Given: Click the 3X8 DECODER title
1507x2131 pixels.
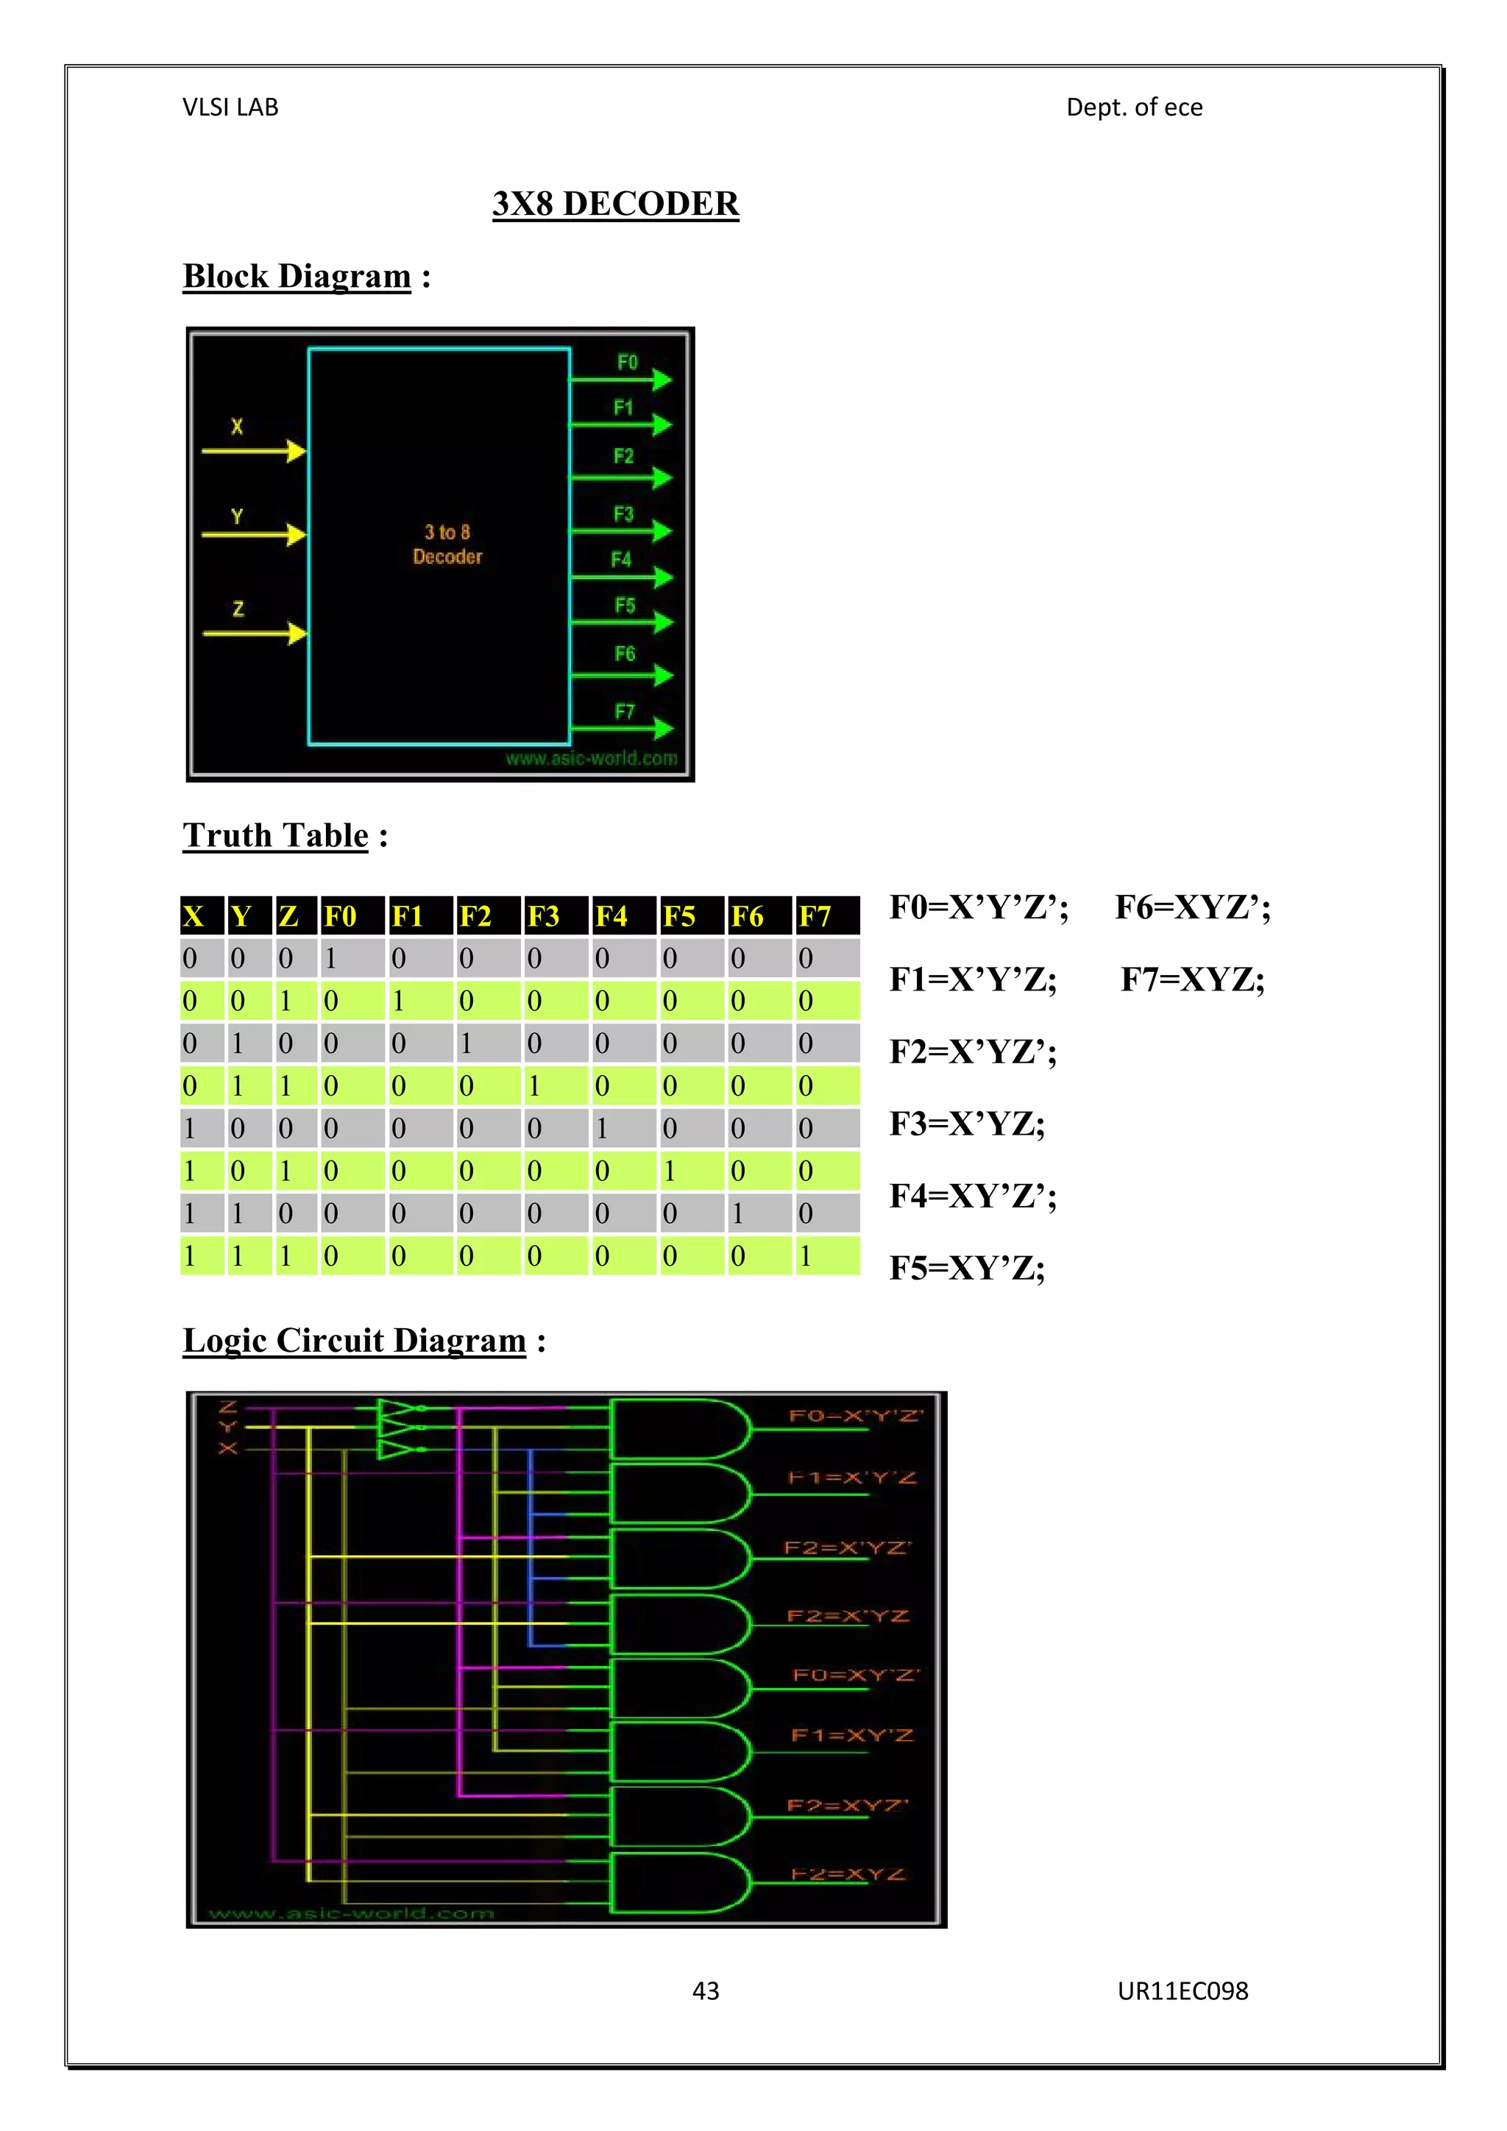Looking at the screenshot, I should [615, 203].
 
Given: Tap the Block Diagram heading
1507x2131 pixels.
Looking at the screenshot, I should [297, 276].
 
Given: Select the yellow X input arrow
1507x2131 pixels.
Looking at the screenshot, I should [253, 452].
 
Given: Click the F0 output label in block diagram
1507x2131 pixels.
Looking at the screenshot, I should [627, 362].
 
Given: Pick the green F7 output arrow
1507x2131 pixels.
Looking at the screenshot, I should [622, 728].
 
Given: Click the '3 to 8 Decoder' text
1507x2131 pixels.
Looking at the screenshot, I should [447, 545].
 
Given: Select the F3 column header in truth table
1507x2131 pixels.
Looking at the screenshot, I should [544, 916].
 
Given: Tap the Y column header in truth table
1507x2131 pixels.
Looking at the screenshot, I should [241, 916].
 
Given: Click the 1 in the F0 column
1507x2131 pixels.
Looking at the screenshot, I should [330, 958].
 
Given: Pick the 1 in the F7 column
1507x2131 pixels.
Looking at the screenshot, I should [806, 1256].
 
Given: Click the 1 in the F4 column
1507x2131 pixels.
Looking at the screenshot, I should [602, 1129].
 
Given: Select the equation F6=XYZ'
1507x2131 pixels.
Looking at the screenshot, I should [1192, 907].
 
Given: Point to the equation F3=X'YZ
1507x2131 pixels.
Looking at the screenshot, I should [967, 1124].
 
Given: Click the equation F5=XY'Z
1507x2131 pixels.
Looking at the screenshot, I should [967, 1268].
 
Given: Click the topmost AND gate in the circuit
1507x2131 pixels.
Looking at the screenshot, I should [680, 1429].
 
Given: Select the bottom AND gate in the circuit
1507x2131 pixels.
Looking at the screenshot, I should [680, 1883].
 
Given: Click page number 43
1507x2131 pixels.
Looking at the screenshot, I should [706, 1991].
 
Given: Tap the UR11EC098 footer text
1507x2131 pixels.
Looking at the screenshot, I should [1182, 1991].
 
